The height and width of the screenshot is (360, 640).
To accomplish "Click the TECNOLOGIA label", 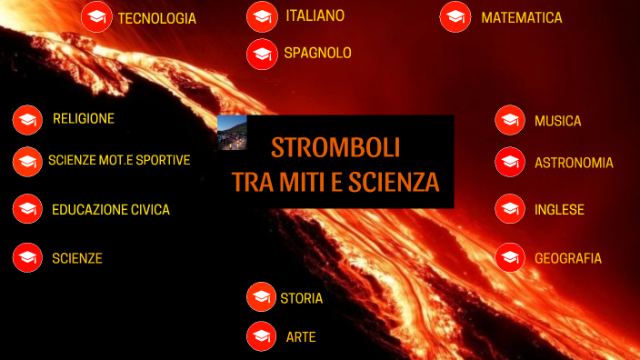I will click(x=156, y=18).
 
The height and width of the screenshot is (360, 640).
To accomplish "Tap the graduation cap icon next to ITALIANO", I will click(x=262, y=16).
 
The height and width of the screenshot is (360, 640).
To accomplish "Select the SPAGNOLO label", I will click(x=317, y=54).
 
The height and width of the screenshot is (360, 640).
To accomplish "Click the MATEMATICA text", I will click(x=521, y=18).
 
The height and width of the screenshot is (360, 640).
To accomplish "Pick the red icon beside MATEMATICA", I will click(x=455, y=17).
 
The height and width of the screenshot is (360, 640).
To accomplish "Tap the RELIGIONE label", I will click(x=84, y=118).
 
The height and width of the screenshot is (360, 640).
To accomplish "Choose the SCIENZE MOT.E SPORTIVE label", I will click(x=119, y=160).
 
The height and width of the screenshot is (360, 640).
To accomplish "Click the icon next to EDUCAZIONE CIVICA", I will click(x=27, y=209).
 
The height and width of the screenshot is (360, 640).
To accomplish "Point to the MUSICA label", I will click(x=557, y=121).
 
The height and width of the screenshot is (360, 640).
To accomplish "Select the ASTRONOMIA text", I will click(x=574, y=163).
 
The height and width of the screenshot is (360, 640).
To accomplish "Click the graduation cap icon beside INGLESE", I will click(x=510, y=209).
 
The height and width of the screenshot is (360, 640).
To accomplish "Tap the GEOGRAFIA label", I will click(x=568, y=258).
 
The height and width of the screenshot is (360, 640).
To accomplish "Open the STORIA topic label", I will click(x=301, y=297).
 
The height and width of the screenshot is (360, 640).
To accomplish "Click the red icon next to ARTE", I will click(x=262, y=336).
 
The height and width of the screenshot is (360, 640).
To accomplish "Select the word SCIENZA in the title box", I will click(x=394, y=182).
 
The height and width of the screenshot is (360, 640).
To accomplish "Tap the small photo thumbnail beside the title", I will click(x=233, y=133).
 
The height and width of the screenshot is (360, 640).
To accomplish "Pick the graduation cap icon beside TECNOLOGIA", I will click(x=95, y=17).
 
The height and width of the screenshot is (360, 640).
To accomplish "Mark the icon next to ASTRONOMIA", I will click(x=510, y=163).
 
